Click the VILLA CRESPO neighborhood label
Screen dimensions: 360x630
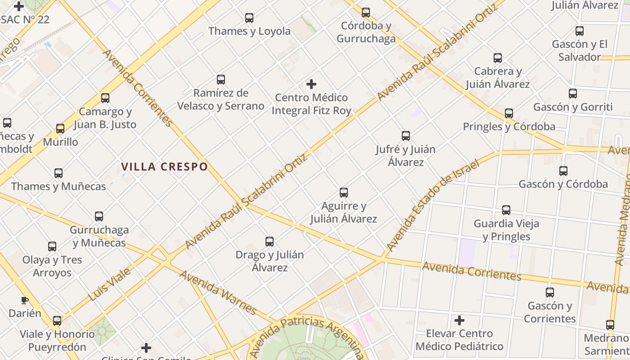(x=164, y=167)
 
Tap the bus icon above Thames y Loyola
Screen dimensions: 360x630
(x=249, y=18)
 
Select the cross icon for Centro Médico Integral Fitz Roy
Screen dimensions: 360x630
(x=311, y=84)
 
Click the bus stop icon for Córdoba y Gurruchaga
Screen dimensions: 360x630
(x=366, y=13)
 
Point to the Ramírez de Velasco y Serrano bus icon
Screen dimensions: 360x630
(x=220, y=80)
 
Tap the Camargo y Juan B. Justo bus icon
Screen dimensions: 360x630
(x=105, y=98)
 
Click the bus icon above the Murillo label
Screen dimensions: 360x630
(x=60, y=129)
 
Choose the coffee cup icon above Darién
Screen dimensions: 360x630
(x=25, y=300)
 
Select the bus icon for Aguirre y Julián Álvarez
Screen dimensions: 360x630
(x=344, y=193)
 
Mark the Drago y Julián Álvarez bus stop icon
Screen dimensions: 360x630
(x=269, y=242)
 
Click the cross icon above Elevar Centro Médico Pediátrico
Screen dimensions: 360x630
(x=459, y=320)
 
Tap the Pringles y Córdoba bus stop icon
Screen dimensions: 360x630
(x=509, y=113)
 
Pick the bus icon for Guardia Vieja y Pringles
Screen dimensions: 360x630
(x=506, y=210)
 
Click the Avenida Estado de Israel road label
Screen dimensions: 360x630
(x=434, y=205)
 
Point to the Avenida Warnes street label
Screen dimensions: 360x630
(x=218, y=292)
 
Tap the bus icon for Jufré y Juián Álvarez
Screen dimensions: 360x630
(x=405, y=136)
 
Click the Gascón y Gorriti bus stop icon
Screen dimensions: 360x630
(x=572, y=94)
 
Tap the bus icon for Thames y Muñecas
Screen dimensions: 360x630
(x=58, y=173)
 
